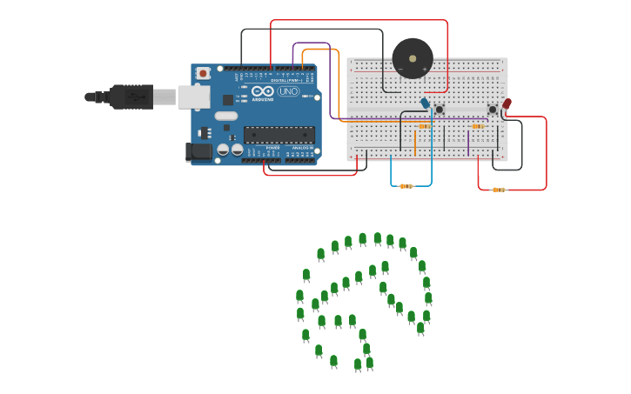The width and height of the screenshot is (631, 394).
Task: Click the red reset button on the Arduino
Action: pos(203,74)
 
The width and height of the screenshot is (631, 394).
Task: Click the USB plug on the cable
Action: pos(131,97)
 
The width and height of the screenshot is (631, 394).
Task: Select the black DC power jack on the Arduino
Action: pos(199,152)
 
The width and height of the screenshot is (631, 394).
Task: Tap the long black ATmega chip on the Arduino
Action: pos(279,134)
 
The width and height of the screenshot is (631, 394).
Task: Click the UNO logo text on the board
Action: pos(288,91)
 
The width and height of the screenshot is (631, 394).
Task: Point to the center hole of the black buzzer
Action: pos(412,58)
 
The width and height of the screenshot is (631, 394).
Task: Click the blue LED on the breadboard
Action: pos(425,104)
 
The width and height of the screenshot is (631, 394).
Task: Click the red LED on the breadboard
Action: pos(507,104)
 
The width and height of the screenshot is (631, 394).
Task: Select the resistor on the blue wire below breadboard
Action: pos(406,185)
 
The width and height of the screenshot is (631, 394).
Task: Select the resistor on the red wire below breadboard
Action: pos(498,189)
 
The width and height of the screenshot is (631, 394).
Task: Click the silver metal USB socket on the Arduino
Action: pos(193,97)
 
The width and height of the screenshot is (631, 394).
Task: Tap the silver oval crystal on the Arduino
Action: pos(226,116)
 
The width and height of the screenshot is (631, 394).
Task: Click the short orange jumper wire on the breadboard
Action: pos(414,142)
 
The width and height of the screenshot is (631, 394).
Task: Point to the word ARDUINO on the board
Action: pos(262,98)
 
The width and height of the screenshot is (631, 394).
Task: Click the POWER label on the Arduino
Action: pos(273,148)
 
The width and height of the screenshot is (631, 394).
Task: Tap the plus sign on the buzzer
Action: pos(425,69)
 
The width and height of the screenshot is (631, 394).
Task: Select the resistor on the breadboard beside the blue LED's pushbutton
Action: pos(424,126)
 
